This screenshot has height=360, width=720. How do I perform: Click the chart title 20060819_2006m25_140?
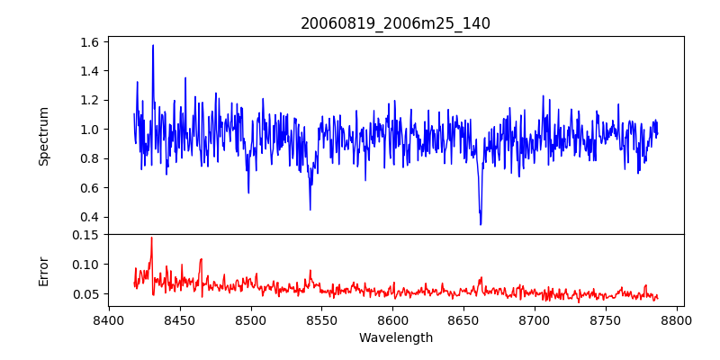pyautogui.click(x=395, y=23)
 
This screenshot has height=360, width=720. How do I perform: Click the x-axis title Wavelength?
pyautogui.click(x=395, y=337)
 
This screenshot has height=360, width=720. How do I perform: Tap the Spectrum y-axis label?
pyautogui.click(x=44, y=136)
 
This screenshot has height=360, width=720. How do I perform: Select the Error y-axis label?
pyautogui.click(x=44, y=270)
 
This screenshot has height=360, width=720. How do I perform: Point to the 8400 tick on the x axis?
pyautogui.click(x=109, y=319)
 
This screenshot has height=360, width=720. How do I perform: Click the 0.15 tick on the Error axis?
pyautogui.click(x=85, y=235)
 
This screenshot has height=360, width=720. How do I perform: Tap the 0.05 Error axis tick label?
pyautogui.click(x=85, y=294)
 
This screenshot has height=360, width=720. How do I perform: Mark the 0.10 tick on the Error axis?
pyautogui.click(x=85, y=265)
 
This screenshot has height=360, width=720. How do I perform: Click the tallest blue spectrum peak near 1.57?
pyautogui.click(x=153, y=46)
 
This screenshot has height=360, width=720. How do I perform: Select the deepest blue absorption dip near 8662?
pyautogui.click(x=481, y=223)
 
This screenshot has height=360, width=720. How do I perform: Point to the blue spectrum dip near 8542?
pyautogui.click(x=310, y=209)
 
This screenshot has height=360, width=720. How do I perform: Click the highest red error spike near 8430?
pyautogui.click(x=151, y=238)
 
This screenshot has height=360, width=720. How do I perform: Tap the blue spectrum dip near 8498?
pyautogui.click(x=248, y=192)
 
